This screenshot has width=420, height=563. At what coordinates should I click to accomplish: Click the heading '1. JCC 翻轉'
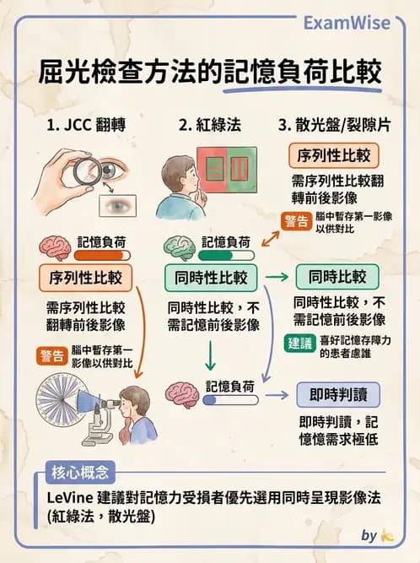86,126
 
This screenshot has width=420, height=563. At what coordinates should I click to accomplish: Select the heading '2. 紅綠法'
209,126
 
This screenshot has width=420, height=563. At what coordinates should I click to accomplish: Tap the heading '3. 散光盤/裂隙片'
334,126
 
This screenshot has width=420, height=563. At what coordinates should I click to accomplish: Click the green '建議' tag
298,344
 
